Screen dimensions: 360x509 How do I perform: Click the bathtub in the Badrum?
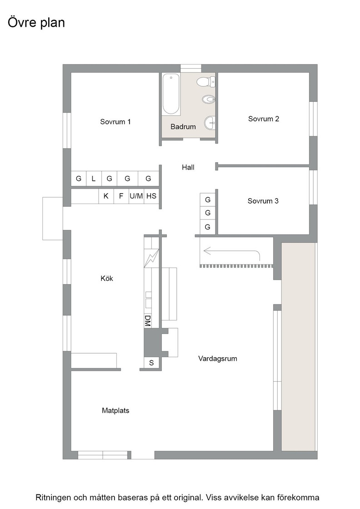tap(171, 94)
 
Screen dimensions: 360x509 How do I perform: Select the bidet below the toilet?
tap(208, 99)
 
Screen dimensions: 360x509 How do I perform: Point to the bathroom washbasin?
tap(210, 123)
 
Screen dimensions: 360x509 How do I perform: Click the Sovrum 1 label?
tap(115, 122)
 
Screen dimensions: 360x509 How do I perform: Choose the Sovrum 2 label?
tap(264, 119)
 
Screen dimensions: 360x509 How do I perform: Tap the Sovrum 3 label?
tap(263, 201)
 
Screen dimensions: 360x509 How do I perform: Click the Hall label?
tap(188, 167)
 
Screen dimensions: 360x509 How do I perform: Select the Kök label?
tap(107, 278)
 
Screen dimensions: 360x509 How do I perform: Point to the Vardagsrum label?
tap(217, 359)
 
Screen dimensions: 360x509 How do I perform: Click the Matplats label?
tap(115, 410)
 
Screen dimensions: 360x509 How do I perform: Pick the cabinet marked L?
tap(94, 179)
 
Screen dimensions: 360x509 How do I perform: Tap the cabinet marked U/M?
tap(136, 196)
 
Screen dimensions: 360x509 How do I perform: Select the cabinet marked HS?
tap(151, 196)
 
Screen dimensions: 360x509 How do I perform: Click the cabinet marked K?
tap(106, 196)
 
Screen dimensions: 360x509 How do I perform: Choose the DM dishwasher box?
tap(148, 321)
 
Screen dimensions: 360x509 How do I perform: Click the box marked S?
tap(151, 363)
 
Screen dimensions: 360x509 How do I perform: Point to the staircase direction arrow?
tap(231, 250)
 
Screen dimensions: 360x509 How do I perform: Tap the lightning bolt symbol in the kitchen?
tap(151, 258)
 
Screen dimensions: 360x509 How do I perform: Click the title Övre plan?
tap(36, 23)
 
